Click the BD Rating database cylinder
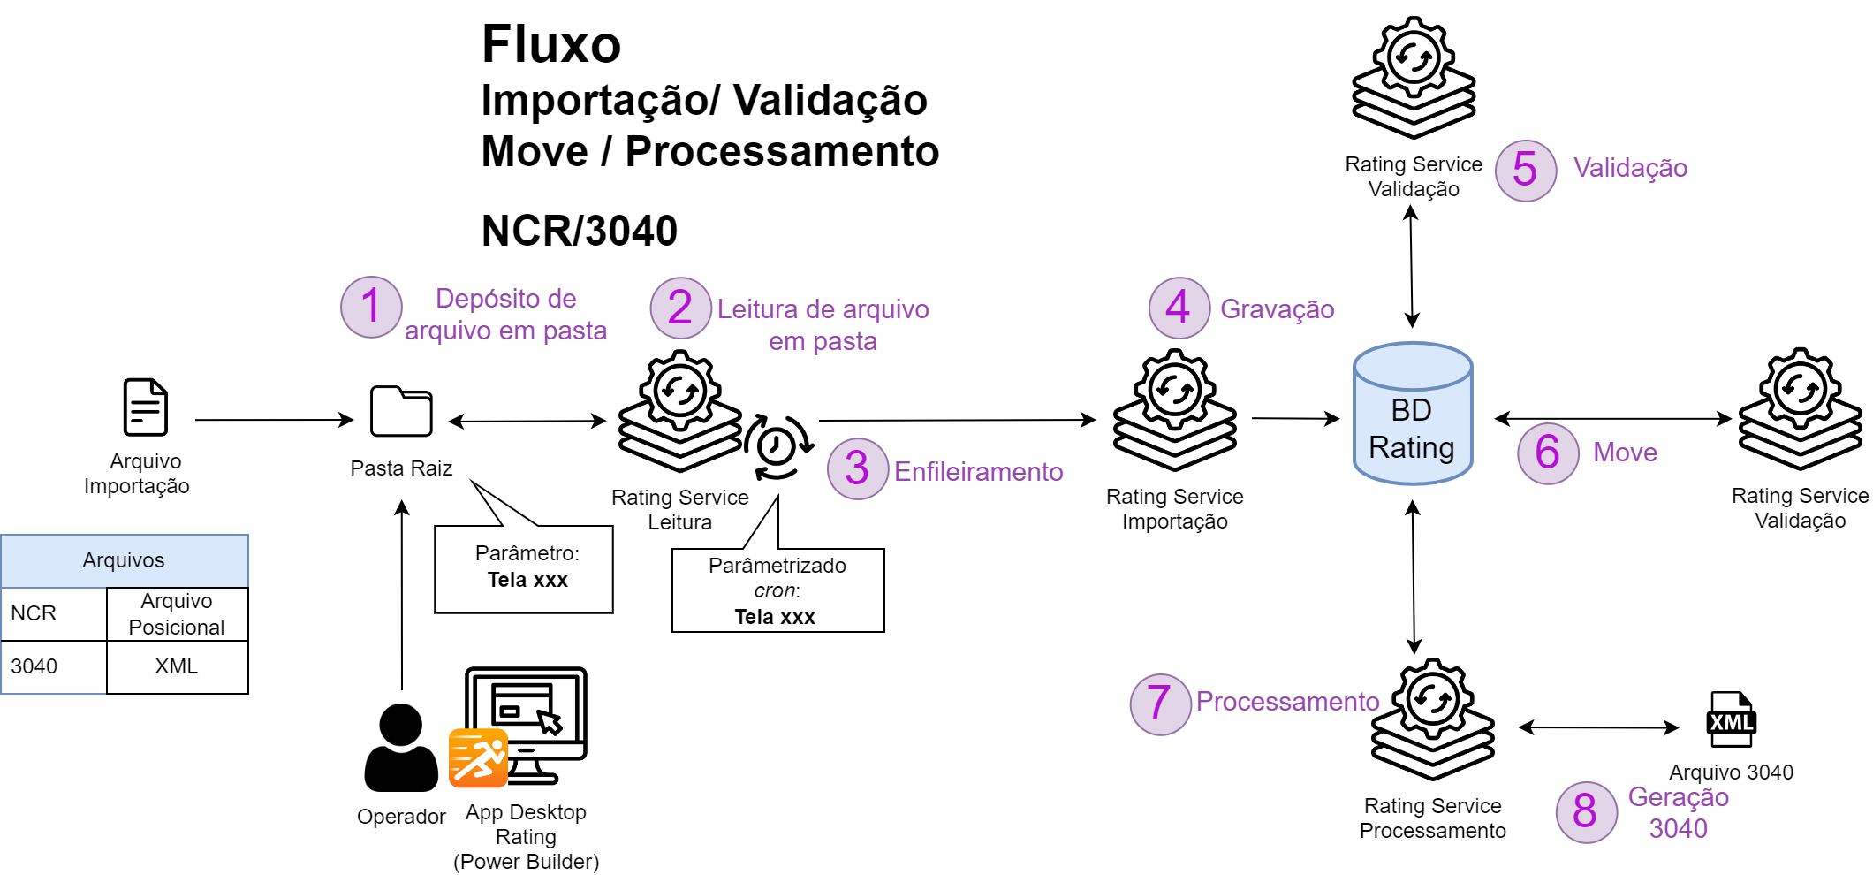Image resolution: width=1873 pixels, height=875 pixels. (1412, 414)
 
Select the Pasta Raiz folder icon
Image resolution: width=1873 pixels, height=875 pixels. (401, 412)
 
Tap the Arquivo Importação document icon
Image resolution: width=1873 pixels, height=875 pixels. (145, 407)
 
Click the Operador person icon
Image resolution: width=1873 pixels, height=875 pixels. (401, 748)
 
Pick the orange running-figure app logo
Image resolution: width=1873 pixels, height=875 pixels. (478, 757)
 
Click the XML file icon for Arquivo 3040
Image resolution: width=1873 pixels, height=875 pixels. (1731, 719)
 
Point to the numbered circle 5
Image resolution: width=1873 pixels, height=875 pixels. (1526, 171)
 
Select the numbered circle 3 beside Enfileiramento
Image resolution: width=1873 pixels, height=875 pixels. (857, 468)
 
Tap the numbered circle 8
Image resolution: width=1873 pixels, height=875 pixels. (1586, 811)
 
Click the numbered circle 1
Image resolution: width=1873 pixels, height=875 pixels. (371, 307)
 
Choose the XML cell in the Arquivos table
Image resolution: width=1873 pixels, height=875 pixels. (177, 666)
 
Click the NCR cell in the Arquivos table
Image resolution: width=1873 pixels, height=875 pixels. (53, 613)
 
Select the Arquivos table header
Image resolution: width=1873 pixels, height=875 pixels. (125, 560)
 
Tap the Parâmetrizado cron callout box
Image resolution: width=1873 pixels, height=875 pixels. (777, 590)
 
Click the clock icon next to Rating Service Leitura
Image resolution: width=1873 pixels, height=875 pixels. (777, 446)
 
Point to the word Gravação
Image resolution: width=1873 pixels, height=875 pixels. (1277, 309)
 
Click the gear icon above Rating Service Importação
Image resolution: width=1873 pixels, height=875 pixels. (1174, 390)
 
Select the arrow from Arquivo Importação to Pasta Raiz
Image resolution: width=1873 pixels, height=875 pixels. (274, 420)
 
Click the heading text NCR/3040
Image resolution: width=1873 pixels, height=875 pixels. (579, 232)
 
